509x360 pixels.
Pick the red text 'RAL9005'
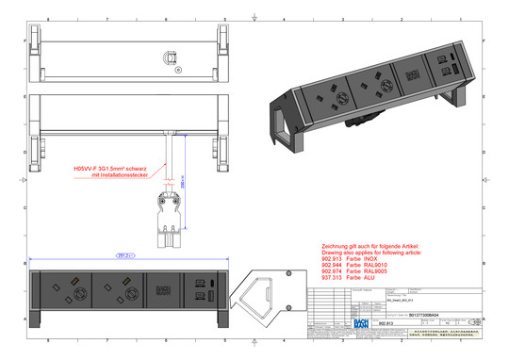[x=379, y=271]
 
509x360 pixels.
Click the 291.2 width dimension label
[x=123, y=254]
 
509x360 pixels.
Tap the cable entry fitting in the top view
[x=170, y=57]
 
